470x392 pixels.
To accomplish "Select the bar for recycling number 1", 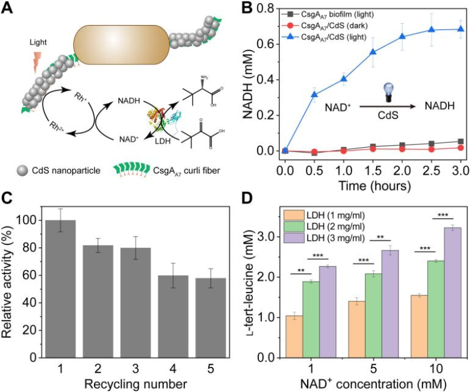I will click(x=59, y=288).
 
